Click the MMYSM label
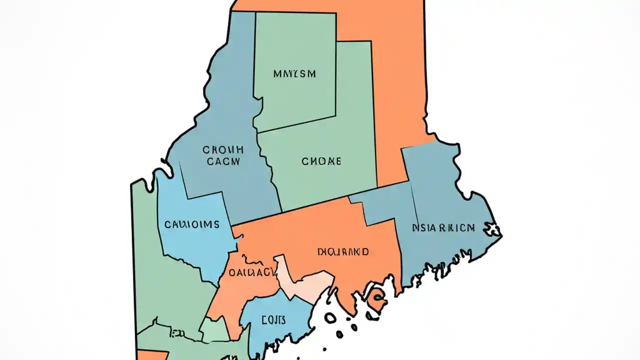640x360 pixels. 294,74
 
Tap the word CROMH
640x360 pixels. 222,149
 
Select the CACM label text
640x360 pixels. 223,161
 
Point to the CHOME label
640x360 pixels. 321,161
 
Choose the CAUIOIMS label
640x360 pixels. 191,224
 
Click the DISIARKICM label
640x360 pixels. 443,228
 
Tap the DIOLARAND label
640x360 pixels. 343,251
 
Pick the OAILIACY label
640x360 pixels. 252,272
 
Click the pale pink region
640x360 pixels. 305,285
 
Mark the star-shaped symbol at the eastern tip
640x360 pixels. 494,229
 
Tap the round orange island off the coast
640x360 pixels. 377,300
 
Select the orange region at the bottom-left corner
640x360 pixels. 151,355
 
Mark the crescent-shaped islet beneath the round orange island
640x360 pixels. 371,316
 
